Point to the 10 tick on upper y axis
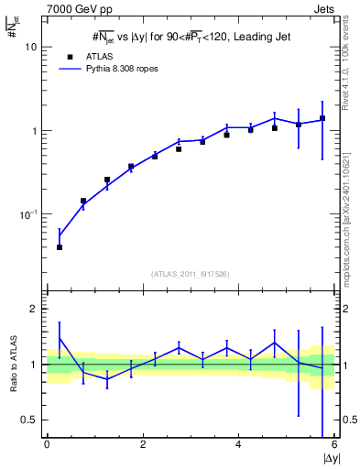pyautogui.click(x=32, y=47)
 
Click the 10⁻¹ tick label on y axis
pyautogui.click(x=30, y=213)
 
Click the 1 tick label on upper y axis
pyautogui.click(x=35, y=131)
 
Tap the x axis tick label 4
pyautogui.click(x=238, y=446)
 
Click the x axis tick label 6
pyautogui.click(x=333, y=446)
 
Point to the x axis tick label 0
pyautogui.click(x=47, y=446)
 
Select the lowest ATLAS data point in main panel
pyautogui.click(x=60, y=247)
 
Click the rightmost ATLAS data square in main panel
pyautogui.click(x=322, y=119)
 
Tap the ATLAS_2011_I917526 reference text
pyautogui.click(x=191, y=273)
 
